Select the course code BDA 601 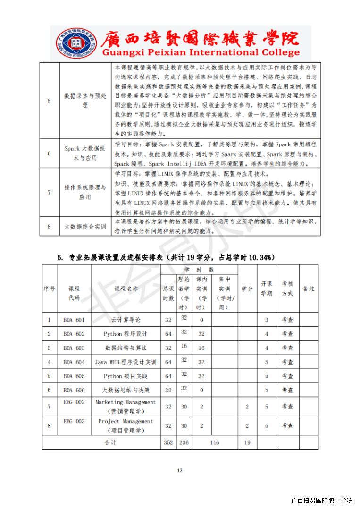(74, 320)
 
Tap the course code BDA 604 (74, 362)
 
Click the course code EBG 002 (74, 402)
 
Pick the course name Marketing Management (126, 402)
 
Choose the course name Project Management (126, 421)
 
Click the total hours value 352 (168, 442)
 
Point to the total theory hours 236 (184, 442)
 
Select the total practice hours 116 (215, 442)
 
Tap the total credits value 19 (247, 442)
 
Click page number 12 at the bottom (179, 470)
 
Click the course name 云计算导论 (126, 320)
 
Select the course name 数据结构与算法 (126, 348)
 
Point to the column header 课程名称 (126, 289)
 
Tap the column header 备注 (309, 289)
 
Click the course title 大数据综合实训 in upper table (85, 227)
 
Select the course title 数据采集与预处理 (85, 101)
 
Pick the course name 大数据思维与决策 (126, 391)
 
